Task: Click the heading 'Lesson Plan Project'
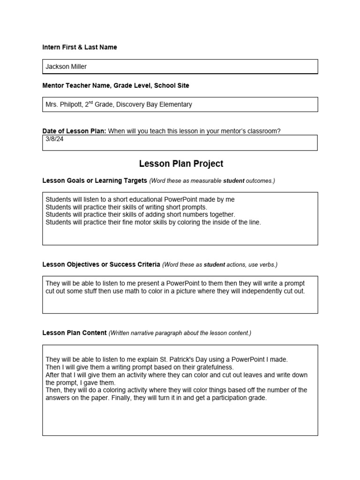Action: click(181, 164)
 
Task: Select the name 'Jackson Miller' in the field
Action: click(66, 67)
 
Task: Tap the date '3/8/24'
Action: click(54, 139)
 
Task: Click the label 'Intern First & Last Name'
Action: click(80, 47)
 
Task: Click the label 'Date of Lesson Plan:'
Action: click(74, 131)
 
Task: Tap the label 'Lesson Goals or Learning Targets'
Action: click(95, 180)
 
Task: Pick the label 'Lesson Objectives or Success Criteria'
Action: click(101, 264)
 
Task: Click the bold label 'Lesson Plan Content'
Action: click(75, 333)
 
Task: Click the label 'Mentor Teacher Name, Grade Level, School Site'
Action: click(116, 86)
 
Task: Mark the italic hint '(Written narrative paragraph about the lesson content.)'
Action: click(180, 333)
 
